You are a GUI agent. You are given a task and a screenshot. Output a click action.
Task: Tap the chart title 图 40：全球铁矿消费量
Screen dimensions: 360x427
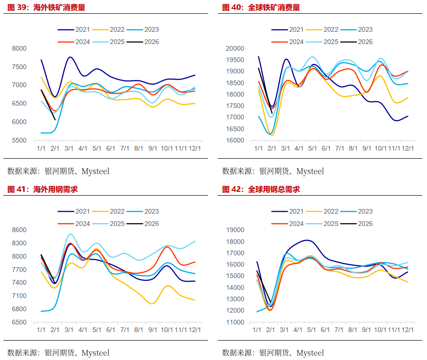point(261,8)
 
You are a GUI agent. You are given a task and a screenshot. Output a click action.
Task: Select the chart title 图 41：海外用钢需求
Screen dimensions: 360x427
point(42,189)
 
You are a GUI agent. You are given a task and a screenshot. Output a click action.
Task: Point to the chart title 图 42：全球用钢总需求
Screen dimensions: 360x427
point(261,189)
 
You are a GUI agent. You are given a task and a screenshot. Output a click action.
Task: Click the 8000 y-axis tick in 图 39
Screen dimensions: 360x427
point(19,48)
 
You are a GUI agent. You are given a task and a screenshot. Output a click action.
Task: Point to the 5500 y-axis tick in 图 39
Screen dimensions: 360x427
point(19,141)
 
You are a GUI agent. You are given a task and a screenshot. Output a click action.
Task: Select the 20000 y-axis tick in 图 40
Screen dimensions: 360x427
point(235,48)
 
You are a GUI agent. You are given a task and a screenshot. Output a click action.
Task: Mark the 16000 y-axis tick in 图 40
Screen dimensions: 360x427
point(235,141)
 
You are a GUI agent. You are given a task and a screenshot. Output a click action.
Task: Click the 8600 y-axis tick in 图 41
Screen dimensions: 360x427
point(19,230)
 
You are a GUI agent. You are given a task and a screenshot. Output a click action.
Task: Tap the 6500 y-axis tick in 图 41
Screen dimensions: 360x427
point(19,322)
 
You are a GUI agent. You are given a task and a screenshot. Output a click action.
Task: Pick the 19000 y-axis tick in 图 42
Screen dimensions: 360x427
point(235,230)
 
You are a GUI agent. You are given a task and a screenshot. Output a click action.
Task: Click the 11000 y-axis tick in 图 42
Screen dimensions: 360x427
point(235,322)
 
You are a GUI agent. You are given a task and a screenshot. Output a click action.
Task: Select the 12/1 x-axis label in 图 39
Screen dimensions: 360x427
point(195,148)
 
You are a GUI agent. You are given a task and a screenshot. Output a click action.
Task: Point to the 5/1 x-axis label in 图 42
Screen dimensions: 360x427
point(311,330)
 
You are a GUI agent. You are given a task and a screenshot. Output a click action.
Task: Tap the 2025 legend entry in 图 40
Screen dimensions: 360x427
point(331,42)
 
